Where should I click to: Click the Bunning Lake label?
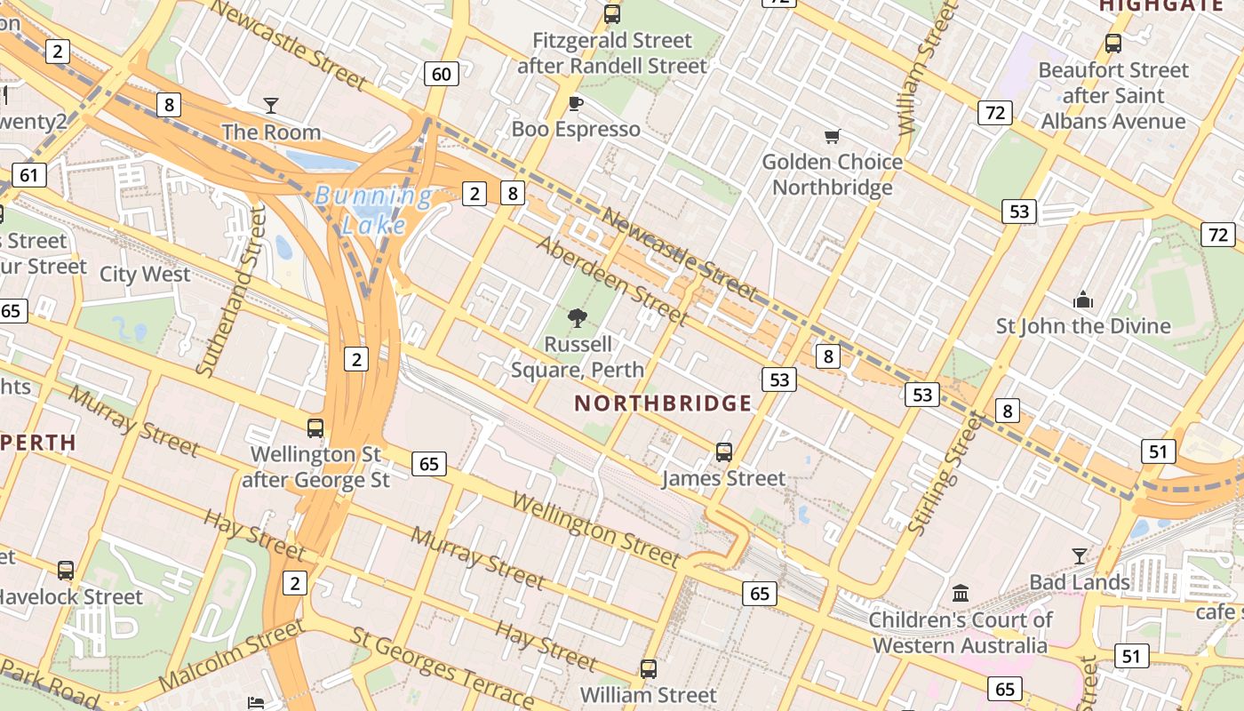coord(373,210)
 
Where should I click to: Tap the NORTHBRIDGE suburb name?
coord(663,403)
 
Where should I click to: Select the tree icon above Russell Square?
coord(578,317)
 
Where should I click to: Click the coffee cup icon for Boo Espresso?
coord(576,103)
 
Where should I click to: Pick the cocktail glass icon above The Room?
coord(271,106)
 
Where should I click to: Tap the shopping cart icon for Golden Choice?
coord(832,136)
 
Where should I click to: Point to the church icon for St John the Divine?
coord(1083,300)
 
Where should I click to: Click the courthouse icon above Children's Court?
coord(961,593)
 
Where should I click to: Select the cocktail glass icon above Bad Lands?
coord(1080,556)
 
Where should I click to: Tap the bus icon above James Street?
coord(724,452)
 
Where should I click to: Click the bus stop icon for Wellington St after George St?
coord(315,427)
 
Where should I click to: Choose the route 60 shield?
coord(442,74)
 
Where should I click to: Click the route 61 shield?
coord(29,174)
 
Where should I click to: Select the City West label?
coord(145,274)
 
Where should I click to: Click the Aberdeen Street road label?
coord(613,283)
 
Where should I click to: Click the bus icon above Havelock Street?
coord(66,570)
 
